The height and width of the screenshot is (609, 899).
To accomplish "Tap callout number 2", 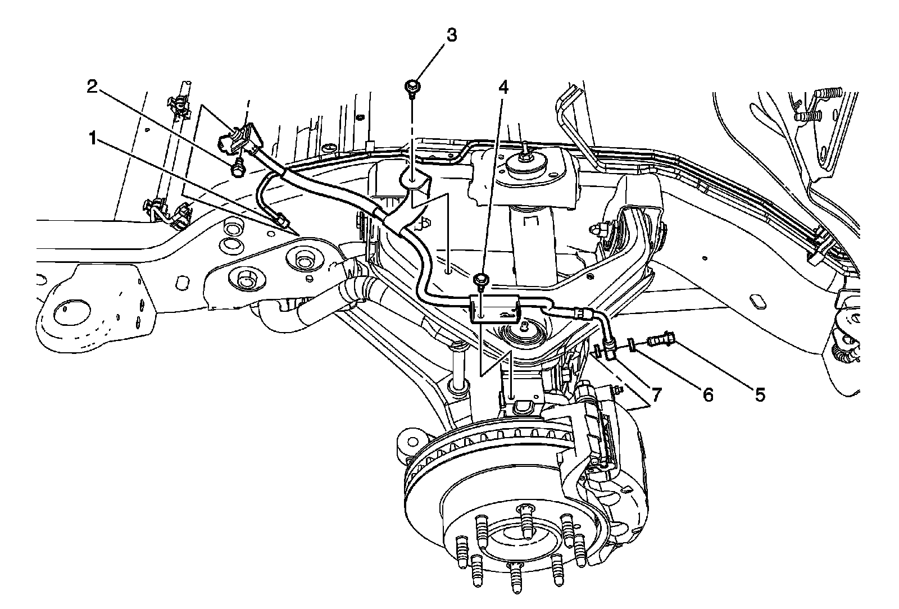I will coord(93,87).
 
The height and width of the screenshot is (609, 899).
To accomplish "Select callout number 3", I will coord(451,35).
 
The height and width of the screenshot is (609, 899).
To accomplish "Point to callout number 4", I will coord(503,87).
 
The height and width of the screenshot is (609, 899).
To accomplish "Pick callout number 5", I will coord(759,395).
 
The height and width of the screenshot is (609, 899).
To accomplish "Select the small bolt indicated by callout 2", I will coord(238,166).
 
